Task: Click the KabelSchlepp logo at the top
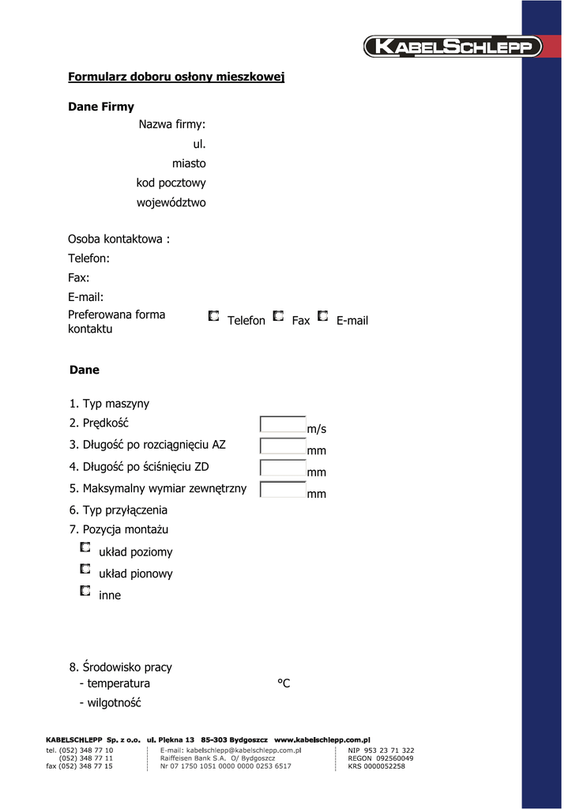[453, 47]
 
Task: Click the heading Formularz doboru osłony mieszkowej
[176, 77]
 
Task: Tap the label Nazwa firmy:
[172, 124]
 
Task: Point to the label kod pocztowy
[171, 182]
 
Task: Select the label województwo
[171, 202]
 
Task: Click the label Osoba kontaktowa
[119, 239]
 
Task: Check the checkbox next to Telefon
[214, 316]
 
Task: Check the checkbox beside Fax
[278, 316]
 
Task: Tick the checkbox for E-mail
[322, 316]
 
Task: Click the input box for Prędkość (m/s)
[283, 424]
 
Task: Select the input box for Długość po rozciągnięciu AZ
[283, 446]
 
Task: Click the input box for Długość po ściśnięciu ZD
[283, 468]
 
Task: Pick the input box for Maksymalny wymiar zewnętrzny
[283, 489]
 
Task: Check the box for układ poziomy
[85, 547]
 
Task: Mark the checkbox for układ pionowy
[85, 569]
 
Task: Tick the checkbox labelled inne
[85, 590]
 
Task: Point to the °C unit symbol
[284, 683]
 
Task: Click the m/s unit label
[316, 429]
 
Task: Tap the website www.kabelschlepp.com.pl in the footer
[322, 739]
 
